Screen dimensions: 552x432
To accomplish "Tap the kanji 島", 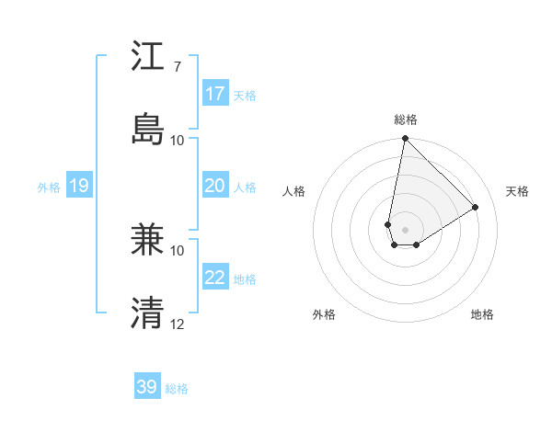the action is tap(149, 129).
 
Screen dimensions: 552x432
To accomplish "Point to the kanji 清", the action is tap(149, 313).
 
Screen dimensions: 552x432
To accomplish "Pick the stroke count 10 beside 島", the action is tap(178, 140).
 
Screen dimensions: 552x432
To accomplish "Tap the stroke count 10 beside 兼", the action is tap(178, 250).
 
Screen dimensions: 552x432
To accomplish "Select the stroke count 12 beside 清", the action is tap(178, 324).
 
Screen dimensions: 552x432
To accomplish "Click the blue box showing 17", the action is tap(215, 94).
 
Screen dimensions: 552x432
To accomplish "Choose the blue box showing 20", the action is tap(215, 186).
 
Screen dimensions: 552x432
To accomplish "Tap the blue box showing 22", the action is tap(215, 278).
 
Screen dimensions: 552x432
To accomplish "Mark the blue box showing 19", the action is tap(79, 186).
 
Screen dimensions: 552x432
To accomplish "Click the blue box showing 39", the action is tap(147, 387).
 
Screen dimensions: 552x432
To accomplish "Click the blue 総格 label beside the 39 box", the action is tap(177, 389).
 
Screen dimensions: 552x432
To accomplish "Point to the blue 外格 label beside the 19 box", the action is tap(49, 188).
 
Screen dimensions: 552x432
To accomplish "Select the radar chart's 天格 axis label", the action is tap(517, 191).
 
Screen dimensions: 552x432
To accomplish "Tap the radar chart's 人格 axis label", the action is tap(293, 191).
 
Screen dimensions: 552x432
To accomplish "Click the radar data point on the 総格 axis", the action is tap(405, 139).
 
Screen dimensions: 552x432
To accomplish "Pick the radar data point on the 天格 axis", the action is tap(476, 207).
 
